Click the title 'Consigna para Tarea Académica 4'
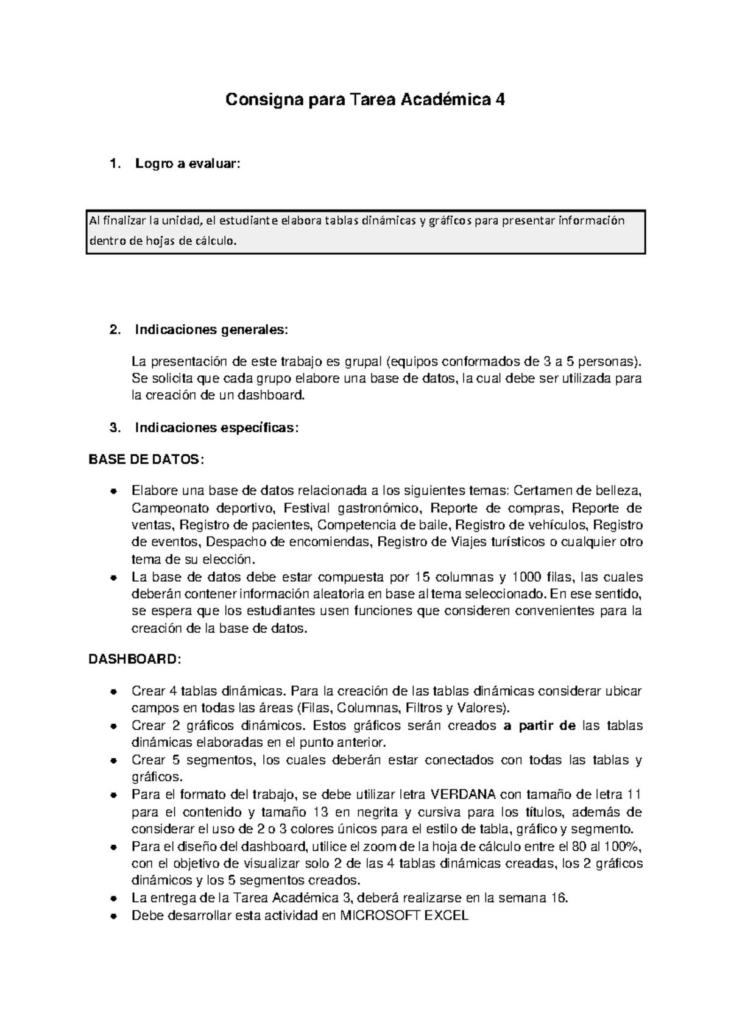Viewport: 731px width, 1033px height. [365, 100]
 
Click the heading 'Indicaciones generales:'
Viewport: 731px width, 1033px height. [210, 330]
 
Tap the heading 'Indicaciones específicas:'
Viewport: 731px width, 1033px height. [217, 428]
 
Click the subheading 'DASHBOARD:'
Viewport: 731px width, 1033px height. [135, 660]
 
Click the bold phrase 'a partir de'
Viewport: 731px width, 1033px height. [540, 725]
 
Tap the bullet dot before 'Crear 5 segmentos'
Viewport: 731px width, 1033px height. [113, 761]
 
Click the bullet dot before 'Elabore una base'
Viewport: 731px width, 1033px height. [113, 492]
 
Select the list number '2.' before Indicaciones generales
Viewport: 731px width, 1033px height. [114, 330]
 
